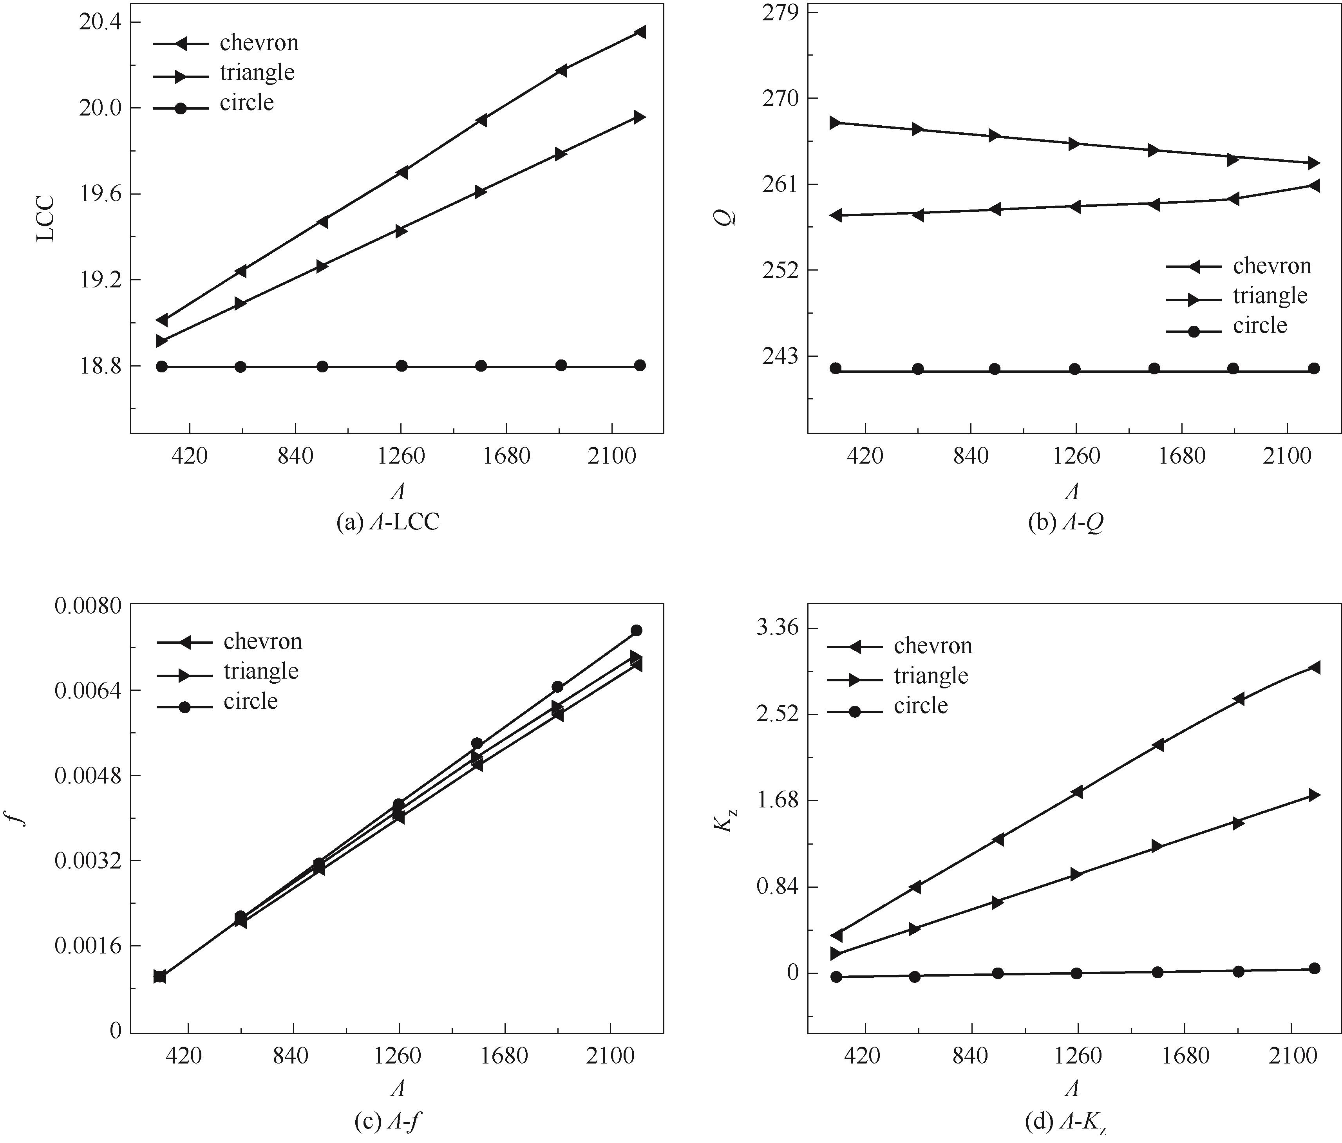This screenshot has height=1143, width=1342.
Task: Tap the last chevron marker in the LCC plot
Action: coord(639,32)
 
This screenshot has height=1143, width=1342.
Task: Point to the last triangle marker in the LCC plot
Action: coord(639,117)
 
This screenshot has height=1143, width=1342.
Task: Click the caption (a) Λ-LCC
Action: coord(388,522)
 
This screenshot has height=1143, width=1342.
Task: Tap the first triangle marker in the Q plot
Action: coord(836,123)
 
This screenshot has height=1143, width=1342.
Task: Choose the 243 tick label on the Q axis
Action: coord(782,356)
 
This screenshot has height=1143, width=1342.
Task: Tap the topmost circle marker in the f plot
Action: coord(636,630)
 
